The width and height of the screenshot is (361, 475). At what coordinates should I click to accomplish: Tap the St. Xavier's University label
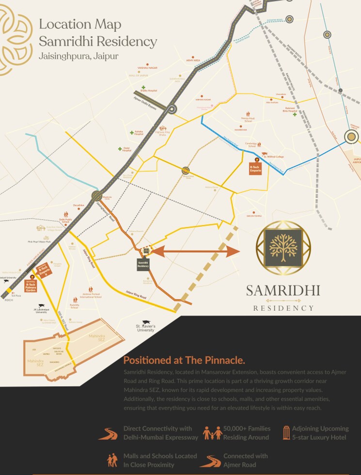(x=145, y=329)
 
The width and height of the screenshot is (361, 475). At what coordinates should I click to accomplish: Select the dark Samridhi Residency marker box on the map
(x=143, y=265)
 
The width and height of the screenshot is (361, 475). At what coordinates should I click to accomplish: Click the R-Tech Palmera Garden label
(x=31, y=285)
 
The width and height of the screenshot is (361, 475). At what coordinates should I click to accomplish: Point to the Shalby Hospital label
(x=149, y=91)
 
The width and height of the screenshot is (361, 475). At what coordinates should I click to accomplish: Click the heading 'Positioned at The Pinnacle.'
(x=184, y=360)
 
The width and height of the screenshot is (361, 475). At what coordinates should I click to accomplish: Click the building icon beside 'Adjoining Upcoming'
(x=287, y=432)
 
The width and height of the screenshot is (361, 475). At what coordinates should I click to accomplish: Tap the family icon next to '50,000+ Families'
(x=212, y=433)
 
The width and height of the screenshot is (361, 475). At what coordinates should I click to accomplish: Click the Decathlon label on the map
(x=78, y=206)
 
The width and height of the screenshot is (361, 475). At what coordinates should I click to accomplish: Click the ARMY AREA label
(x=193, y=61)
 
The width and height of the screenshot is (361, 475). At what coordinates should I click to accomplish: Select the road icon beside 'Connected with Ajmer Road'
(x=211, y=460)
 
